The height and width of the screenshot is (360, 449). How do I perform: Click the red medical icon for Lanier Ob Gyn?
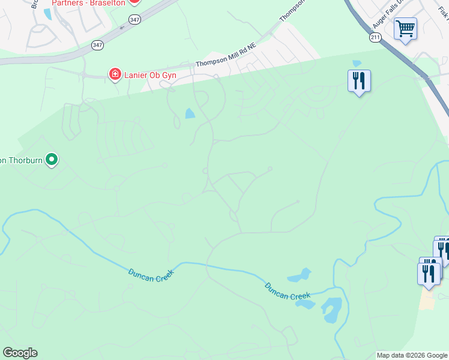click(114, 74)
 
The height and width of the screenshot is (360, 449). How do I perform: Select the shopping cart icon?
click(405, 28)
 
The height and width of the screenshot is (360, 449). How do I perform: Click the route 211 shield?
click(375, 37)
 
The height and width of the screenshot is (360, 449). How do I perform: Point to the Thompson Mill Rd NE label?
click(226, 61)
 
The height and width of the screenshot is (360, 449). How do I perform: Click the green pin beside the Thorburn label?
click(52, 160)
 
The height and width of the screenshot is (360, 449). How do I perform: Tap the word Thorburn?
click(24, 160)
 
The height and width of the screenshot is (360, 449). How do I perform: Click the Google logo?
click(20, 353)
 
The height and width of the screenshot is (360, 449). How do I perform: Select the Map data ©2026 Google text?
click(412, 355)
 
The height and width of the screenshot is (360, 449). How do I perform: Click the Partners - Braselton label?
click(88, 3)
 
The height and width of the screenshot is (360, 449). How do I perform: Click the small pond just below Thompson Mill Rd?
click(190, 113)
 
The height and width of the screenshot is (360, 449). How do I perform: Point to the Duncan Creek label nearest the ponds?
click(288, 290)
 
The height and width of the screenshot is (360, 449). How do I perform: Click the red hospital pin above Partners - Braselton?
click(135, 2)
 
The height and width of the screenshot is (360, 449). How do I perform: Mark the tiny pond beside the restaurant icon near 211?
click(357, 63)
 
